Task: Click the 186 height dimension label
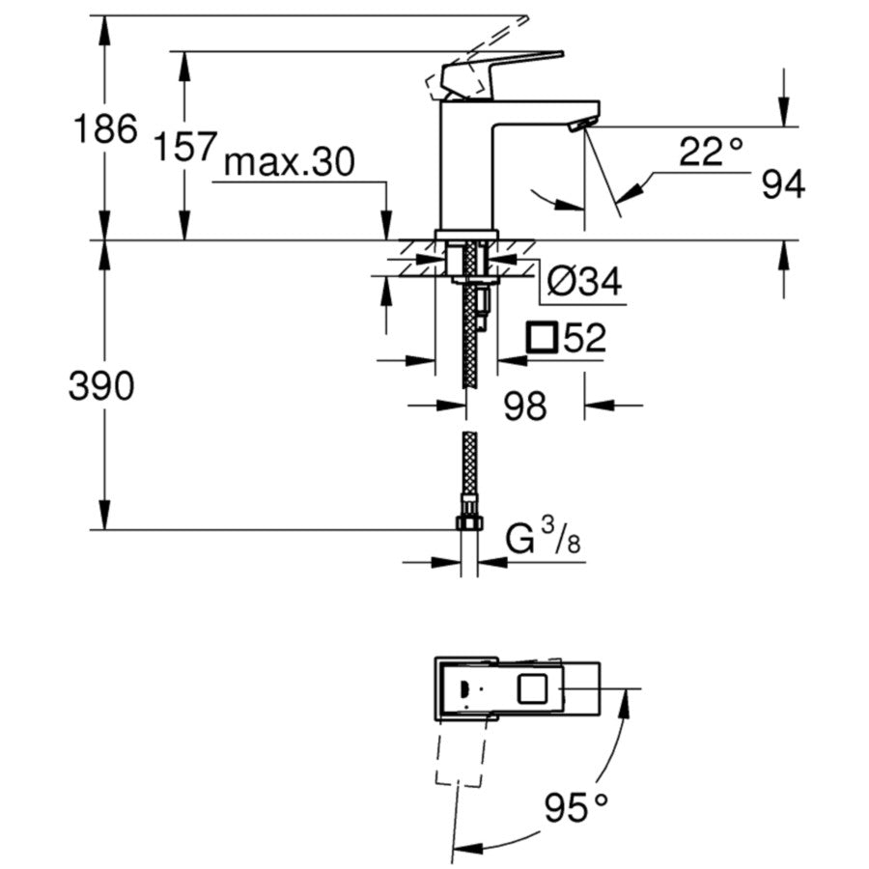105,129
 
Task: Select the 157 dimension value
185,147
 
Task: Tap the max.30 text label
289,162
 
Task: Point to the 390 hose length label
101,385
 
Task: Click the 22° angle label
711,152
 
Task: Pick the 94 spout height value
783,184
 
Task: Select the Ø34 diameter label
585,282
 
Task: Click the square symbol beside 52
542,337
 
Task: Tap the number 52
584,338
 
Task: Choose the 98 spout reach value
525,406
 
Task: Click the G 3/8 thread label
543,538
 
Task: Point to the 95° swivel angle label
575,807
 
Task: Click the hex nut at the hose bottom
469,522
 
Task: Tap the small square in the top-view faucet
532,688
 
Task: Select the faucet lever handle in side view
501,74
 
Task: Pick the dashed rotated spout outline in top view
463,751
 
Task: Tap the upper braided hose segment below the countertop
470,316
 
